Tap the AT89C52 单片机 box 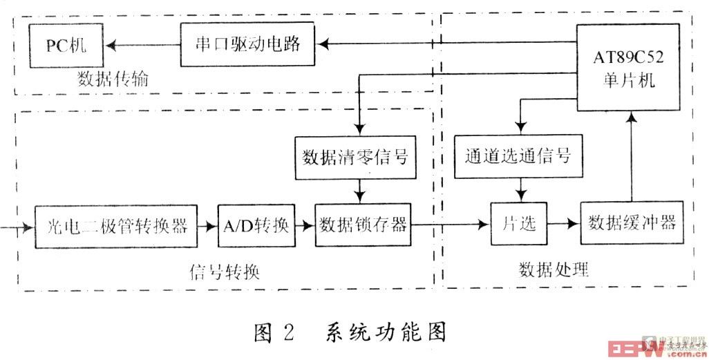click(627, 67)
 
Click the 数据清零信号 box click(355, 157)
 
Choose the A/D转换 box click(256, 225)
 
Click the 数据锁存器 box click(362, 225)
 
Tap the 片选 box click(518, 225)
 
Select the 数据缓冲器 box click(631, 224)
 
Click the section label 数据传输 click(114, 81)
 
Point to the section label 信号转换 click(224, 269)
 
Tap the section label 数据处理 click(554, 269)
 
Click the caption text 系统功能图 click(386, 332)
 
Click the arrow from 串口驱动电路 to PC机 click(142, 46)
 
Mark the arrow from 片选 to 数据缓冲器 click(562, 225)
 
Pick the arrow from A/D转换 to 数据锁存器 click(305, 225)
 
